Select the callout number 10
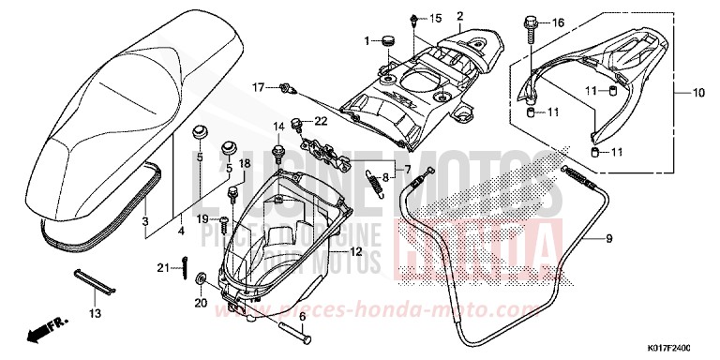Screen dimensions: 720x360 (698, 93)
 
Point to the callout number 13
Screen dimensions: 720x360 (94, 313)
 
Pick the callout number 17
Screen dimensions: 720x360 (259, 87)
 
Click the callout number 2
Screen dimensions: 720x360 (460, 16)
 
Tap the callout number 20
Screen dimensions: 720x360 (199, 303)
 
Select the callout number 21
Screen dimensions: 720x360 (162, 269)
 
